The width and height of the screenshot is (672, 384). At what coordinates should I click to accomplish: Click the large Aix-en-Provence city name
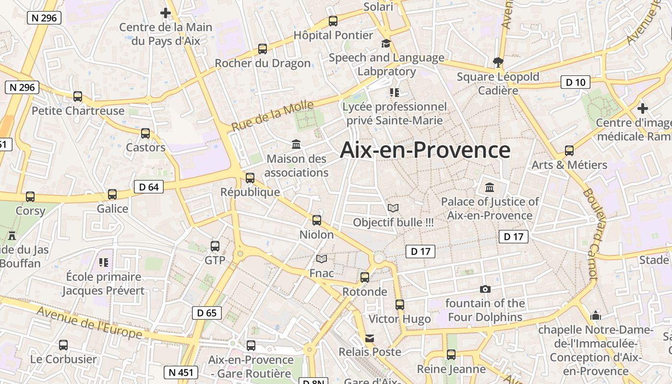click(x=425, y=150)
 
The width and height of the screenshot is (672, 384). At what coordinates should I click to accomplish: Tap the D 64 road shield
click(x=149, y=187)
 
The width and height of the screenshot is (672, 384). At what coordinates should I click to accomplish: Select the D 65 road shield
click(x=207, y=313)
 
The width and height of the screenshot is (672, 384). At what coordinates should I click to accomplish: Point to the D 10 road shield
click(x=576, y=82)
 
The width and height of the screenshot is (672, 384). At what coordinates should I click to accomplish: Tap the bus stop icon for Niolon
click(x=317, y=220)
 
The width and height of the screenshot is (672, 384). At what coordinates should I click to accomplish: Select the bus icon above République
click(x=250, y=178)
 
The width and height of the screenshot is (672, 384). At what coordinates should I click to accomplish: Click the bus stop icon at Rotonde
click(x=365, y=277)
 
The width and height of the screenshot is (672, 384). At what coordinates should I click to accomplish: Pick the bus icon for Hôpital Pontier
click(x=333, y=21)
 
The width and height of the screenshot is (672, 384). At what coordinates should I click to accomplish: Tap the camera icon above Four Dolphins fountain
click(x=485, y=289)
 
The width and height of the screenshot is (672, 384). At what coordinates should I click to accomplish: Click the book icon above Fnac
click(x=322, y=259)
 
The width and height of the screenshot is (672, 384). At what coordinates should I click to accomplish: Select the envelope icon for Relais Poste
click(x=370, y=338)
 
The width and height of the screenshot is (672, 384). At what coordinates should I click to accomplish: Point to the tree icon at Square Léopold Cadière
click(x=498, y=61)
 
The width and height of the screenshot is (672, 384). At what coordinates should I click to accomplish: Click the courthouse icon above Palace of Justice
click(x=490, y=187)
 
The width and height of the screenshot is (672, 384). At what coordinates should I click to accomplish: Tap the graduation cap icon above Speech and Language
click(x=386, y=44)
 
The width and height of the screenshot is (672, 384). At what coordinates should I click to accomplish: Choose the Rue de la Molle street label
click(x=272, y=116)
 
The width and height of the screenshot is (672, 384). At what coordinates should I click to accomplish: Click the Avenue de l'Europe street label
click(x=90, y=322)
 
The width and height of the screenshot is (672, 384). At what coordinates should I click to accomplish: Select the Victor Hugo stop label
click(x=399, y=319)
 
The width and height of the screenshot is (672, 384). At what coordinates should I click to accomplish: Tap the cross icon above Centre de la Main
click(x=166, y=13)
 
